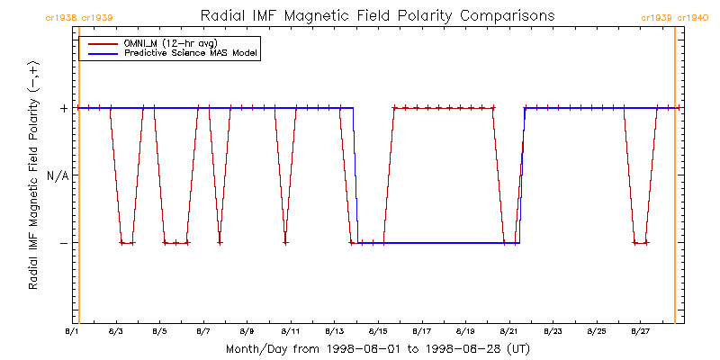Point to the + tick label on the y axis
(64, 108)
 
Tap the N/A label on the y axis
(58, 175)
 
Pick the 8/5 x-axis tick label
(160, 332)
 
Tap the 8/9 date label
(247, 332)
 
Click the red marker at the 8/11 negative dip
(285, 243)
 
